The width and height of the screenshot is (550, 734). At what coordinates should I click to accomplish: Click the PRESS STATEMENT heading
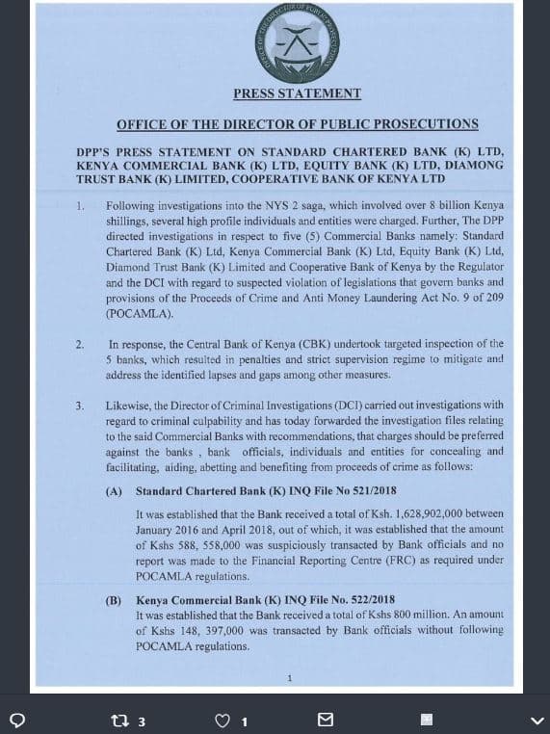297,94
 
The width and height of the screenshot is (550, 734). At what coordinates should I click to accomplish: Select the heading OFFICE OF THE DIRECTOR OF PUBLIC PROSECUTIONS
297,124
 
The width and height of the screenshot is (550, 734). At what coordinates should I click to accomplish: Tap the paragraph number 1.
81,206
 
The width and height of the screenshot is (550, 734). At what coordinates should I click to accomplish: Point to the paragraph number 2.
81,344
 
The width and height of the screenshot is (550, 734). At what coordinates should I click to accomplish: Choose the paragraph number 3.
81,406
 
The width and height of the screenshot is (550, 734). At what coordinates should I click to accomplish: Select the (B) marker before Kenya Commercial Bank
114,600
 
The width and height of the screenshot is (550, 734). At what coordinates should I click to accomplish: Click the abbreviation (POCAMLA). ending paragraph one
140,314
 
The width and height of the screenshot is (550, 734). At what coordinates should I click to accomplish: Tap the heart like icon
223,721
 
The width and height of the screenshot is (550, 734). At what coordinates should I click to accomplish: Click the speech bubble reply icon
15,720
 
